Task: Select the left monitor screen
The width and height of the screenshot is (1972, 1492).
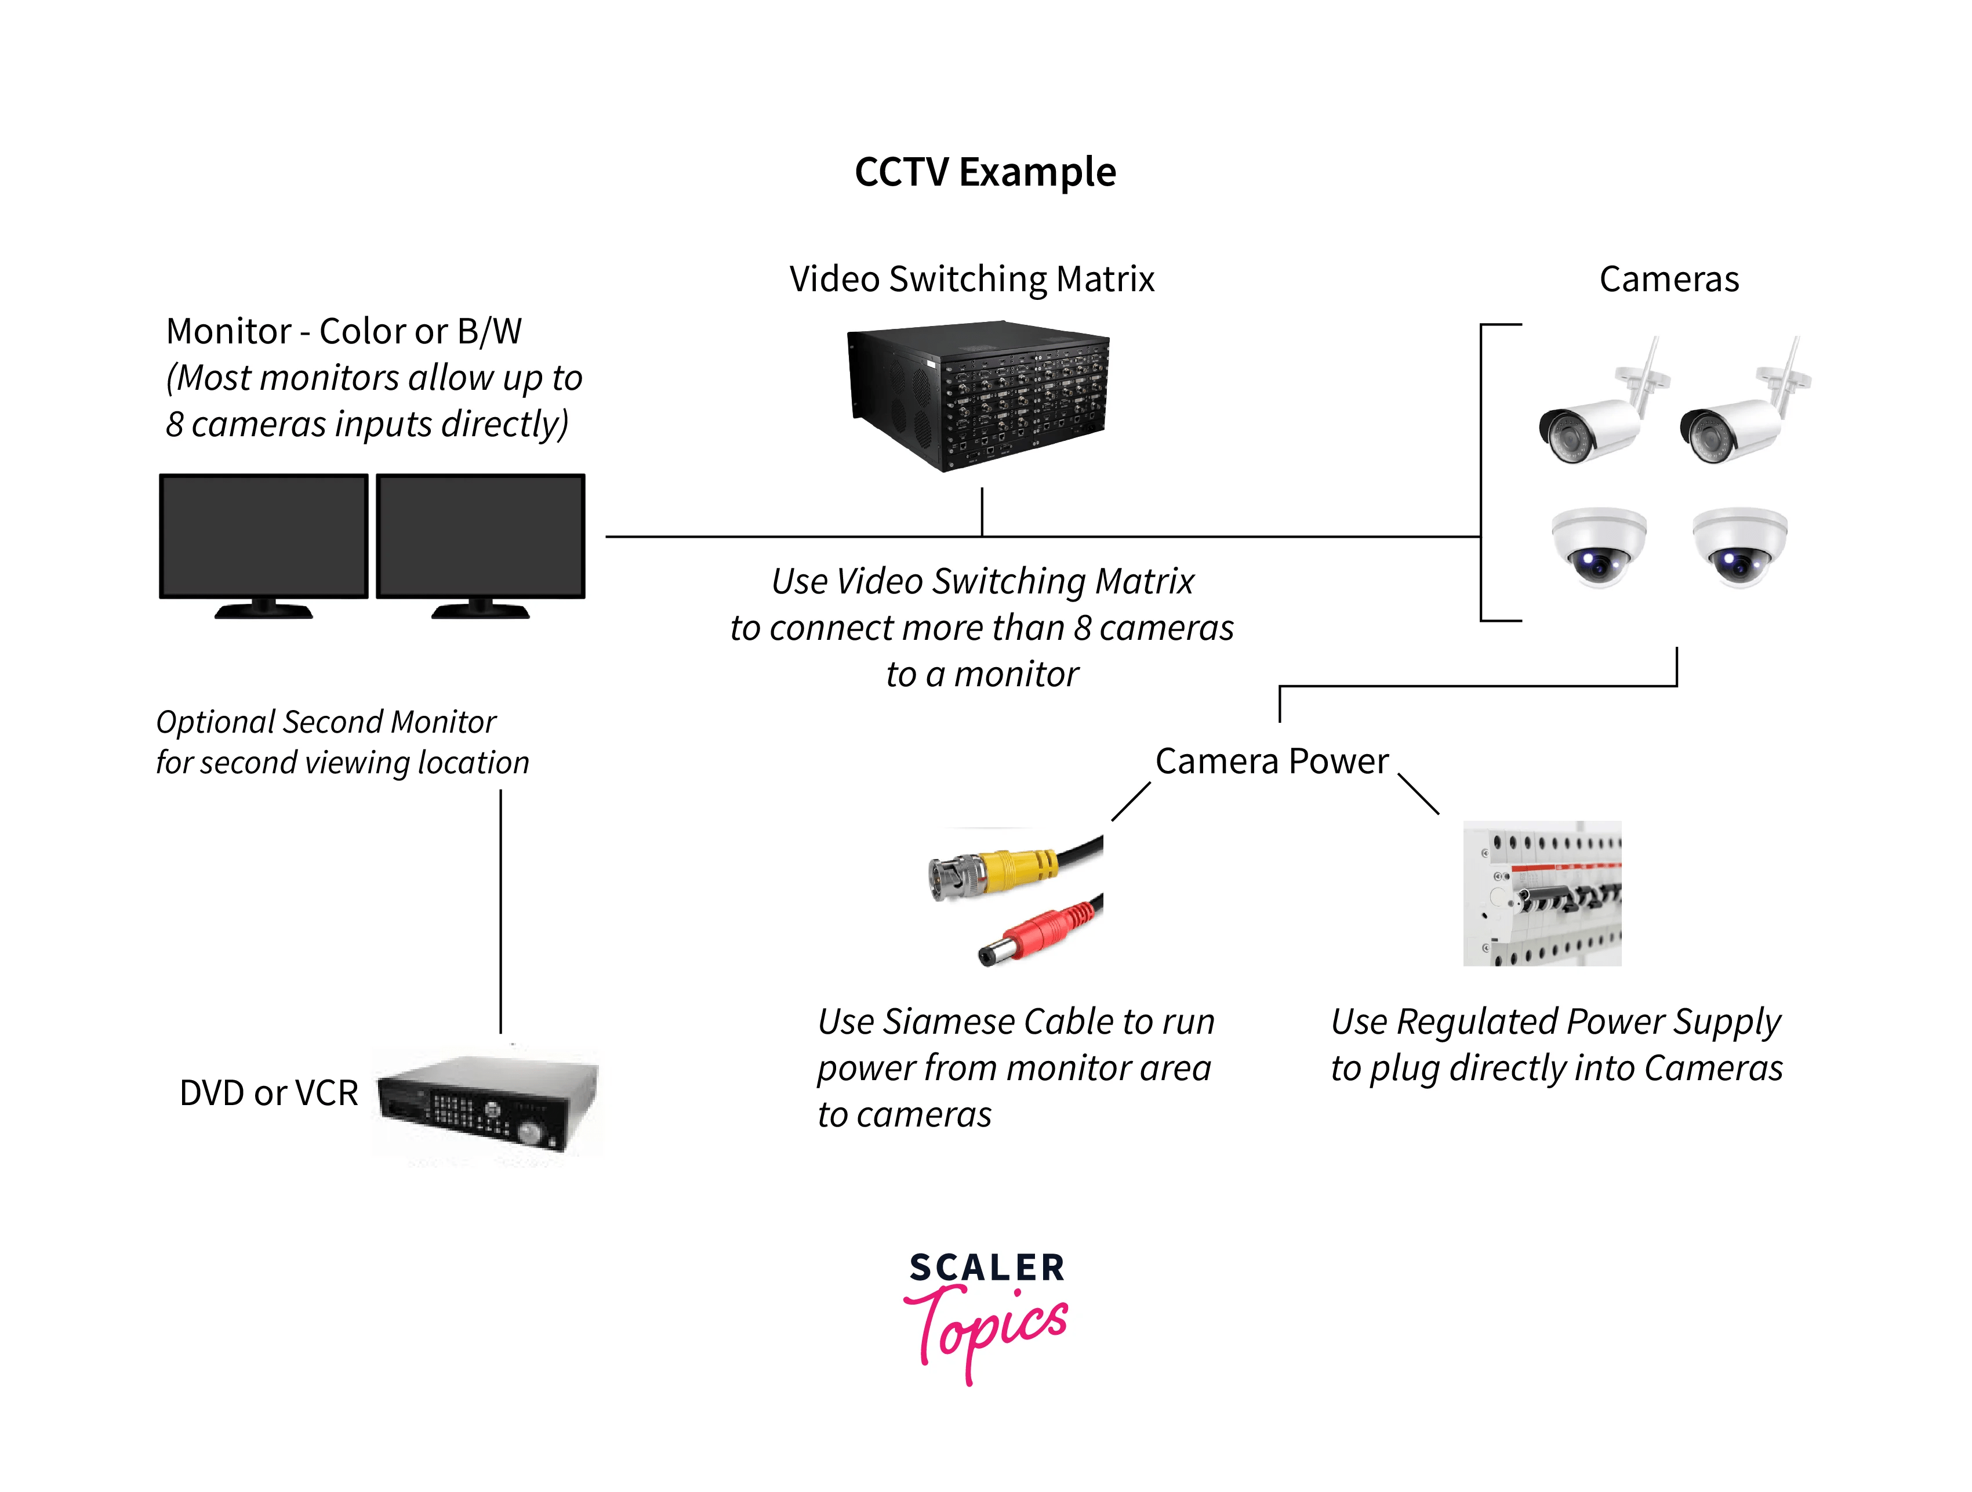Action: pos(263,535)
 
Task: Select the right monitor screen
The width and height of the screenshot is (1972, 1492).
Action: pos(481,535)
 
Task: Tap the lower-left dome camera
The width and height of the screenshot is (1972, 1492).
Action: pos(1599,546)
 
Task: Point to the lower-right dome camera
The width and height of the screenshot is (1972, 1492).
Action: pos(1739,546)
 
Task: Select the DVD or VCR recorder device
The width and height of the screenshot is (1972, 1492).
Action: pos(486,1104)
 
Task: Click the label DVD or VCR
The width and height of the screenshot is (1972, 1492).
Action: pos(268,1092)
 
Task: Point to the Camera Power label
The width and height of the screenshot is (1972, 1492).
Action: pos(1272,761)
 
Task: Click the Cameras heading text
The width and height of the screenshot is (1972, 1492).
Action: pos(1668,279)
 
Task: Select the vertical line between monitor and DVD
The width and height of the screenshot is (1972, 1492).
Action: pos(501,910)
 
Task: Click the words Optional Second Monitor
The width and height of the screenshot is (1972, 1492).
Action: pos(325,722)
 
